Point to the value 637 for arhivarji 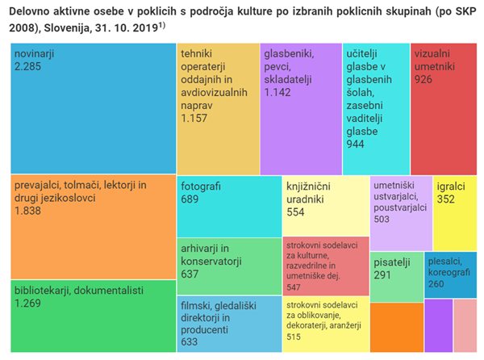tap(191, 274)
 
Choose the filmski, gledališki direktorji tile tap(227, 323)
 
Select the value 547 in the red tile tap(294, 287)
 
